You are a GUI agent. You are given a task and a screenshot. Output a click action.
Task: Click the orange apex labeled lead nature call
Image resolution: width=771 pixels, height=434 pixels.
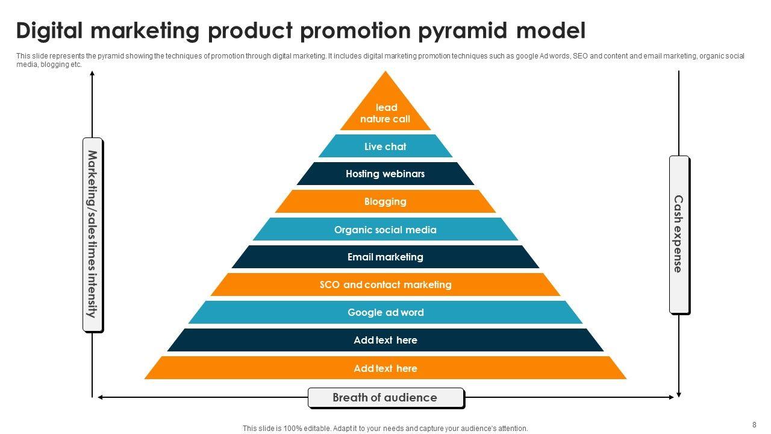pyautogui.click(x=385, y=113)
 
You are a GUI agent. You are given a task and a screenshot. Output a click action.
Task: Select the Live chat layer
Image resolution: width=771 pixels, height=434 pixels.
pyautogui.click(x=385, y=146)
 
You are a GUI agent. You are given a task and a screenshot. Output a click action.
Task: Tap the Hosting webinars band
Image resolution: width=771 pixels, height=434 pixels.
pyautogui.click(x=385, y=174)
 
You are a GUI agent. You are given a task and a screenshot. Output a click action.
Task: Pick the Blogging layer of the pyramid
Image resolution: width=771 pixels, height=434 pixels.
pyautogui.click(x=385, y=201)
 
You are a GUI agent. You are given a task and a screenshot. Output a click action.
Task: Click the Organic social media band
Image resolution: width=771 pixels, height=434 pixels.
pyautogui.click(x=385, y=230)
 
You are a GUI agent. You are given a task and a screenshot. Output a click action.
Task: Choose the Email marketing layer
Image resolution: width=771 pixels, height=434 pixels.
pyautogui.click(x=385, y=257)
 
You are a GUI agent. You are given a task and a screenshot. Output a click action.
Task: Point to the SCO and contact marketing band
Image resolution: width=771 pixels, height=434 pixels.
pyautogui.click(x=385, y=285)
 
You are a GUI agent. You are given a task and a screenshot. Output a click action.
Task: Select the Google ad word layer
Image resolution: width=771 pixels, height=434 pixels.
pyautogui.click(x=385, y=312)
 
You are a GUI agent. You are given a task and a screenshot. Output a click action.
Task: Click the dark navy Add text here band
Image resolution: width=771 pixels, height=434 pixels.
pyautogui.click(x=385, y=340)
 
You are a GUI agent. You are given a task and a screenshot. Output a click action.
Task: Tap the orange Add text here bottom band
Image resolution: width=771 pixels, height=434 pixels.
pyautogui.click(x=385, y=368)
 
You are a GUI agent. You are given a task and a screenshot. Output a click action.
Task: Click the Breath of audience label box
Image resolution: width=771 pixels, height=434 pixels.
pyautogui.click(x=385, y=398)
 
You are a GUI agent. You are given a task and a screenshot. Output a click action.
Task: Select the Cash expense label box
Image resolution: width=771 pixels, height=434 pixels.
pyautogui.click(x=679, y=234)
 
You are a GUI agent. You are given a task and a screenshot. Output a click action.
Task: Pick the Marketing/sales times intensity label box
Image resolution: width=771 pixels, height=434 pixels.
pyautogui.click(x=92, y=234)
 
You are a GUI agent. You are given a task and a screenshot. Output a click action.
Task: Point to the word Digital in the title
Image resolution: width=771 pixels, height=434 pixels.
pyautogui.click(x=54, y=30)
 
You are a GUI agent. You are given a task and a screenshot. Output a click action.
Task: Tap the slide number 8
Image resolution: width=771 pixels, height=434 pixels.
pyautogui.click(x=754, y=424)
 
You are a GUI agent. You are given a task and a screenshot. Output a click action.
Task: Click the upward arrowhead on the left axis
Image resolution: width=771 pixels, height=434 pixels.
pyautogui.click(x=92, y=74)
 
